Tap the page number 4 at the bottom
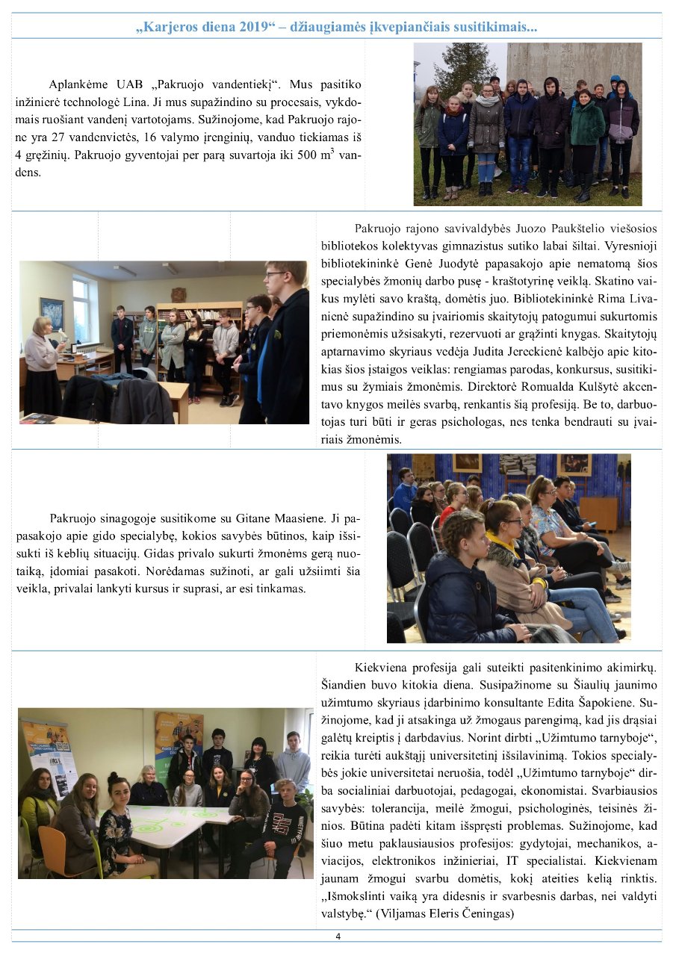pos(338,937)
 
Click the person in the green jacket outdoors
pos(587,131)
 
